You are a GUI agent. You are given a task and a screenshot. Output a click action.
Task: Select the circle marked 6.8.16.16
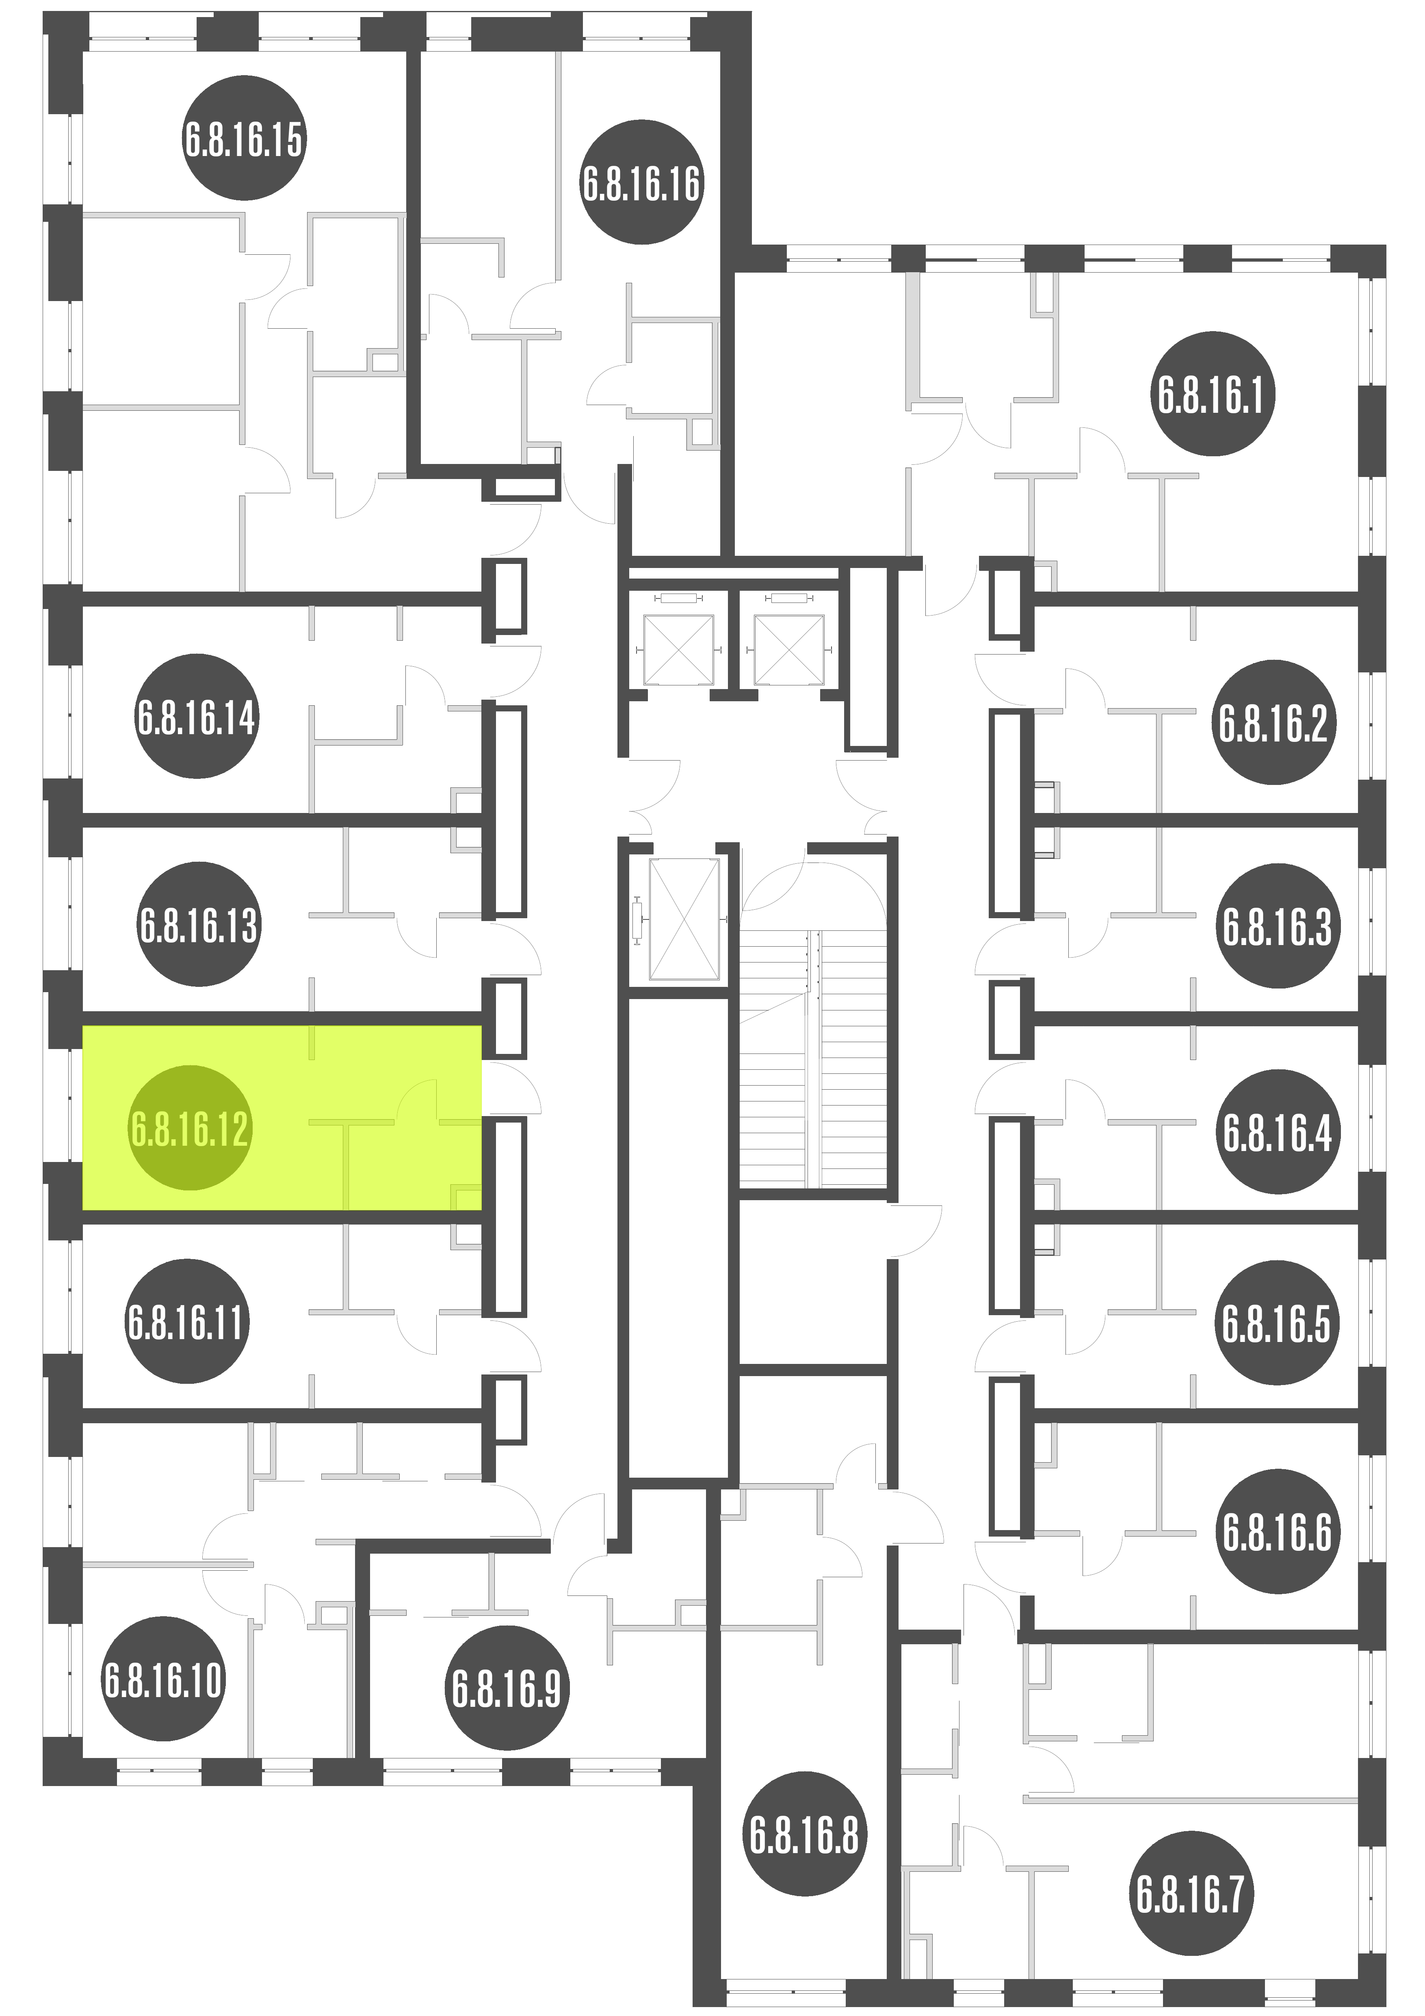(x=642, y=184)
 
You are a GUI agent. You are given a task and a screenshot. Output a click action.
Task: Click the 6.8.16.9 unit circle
(x=507, y=1689)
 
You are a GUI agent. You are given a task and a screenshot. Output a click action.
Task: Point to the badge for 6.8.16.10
(x=163, y=1679)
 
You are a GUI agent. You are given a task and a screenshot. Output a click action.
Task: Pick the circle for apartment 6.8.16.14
(x=197, y=715)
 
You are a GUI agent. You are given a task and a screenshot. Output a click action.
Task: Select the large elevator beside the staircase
(x=684, y=919)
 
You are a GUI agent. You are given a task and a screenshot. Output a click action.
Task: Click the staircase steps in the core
(x=812, y=1058)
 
